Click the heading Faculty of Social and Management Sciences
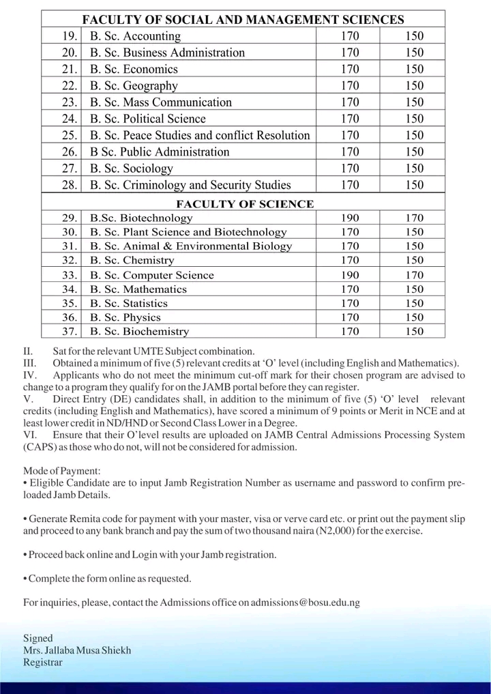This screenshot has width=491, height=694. (x=243, y=20)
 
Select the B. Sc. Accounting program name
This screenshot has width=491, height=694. (x=135, y=36)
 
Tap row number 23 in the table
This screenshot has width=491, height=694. (x=68, y=102)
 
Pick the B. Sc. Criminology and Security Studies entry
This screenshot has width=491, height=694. (x=190, y=185)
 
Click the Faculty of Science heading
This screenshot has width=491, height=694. (x=245, y=204)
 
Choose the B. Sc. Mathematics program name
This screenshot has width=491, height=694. (x=138, y=289)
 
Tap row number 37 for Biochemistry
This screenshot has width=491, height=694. (x=68, y=332)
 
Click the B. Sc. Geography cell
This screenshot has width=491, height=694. (x=134, y=86)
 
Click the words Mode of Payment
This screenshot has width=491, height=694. (x=61, y=472)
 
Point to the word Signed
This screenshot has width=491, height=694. (x=38, y=638)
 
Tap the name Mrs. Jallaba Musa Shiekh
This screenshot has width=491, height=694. (x=77, y=650)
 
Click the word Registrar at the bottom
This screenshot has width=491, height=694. (x=42, y=663)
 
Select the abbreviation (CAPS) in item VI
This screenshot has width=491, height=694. (x=40, y=448)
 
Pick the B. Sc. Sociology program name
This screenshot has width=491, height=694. (x=131, y=169)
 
